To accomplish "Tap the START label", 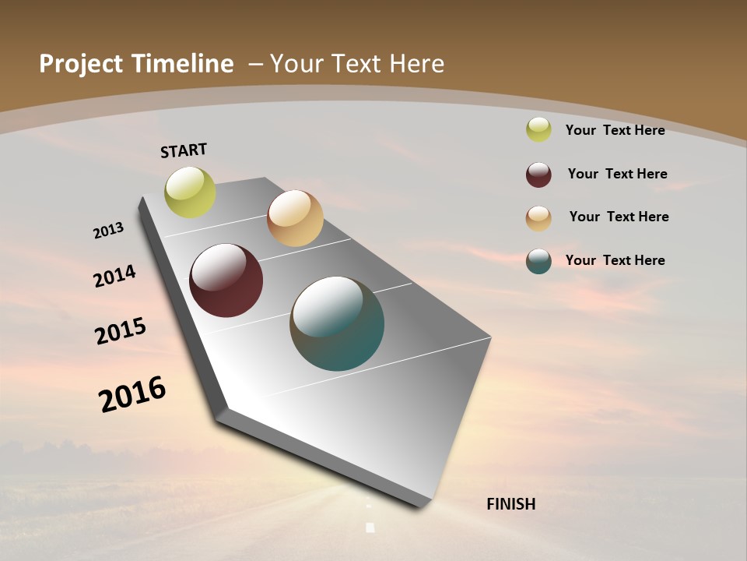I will pos(184,150).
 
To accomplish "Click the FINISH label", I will pos(510,504).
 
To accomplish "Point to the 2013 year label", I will pos(108,231).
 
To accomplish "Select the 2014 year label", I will pos(114,276).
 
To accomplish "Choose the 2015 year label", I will pos(120,330).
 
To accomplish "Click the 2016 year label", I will pos(132,394).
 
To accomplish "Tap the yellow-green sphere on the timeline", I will pos(190,192).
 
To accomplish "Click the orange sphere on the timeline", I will pos(295,218).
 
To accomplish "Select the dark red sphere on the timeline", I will pos(226,280).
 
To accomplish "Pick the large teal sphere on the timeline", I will pos(337,323).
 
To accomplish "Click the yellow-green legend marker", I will pos(538,129).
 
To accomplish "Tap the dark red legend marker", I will pos(538,175).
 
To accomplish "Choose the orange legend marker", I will pos(538,218).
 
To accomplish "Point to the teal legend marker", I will pos(538,261).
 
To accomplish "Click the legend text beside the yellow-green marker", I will pos(615,130).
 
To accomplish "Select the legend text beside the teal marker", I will pos(615,260).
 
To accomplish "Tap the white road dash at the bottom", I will pos(370,527).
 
